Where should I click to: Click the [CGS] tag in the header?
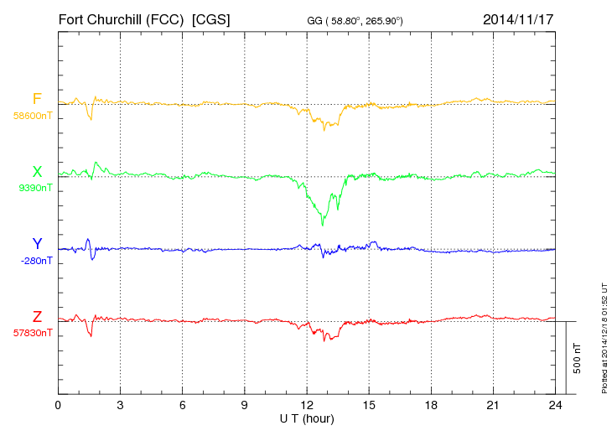[x=211, y=18]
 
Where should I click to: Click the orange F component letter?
[x=36, y=99]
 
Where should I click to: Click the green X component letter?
[x=37, y=172]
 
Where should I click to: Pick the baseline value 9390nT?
[x=34, y=188]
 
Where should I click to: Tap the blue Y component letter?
[x=37, y=244]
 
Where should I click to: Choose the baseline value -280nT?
[x=36, y=261]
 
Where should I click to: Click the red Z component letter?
[x=37, y=317]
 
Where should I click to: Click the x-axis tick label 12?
[x=307, y=406]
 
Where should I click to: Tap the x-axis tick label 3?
[x=120, y=406]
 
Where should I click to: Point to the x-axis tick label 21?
[x=493, y=406]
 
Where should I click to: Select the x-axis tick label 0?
[x=58, y=406]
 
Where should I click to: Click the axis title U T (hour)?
[x=307, y=418]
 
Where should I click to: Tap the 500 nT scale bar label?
[x=578, y=357]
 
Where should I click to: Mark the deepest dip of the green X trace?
[x=323, y=226]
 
